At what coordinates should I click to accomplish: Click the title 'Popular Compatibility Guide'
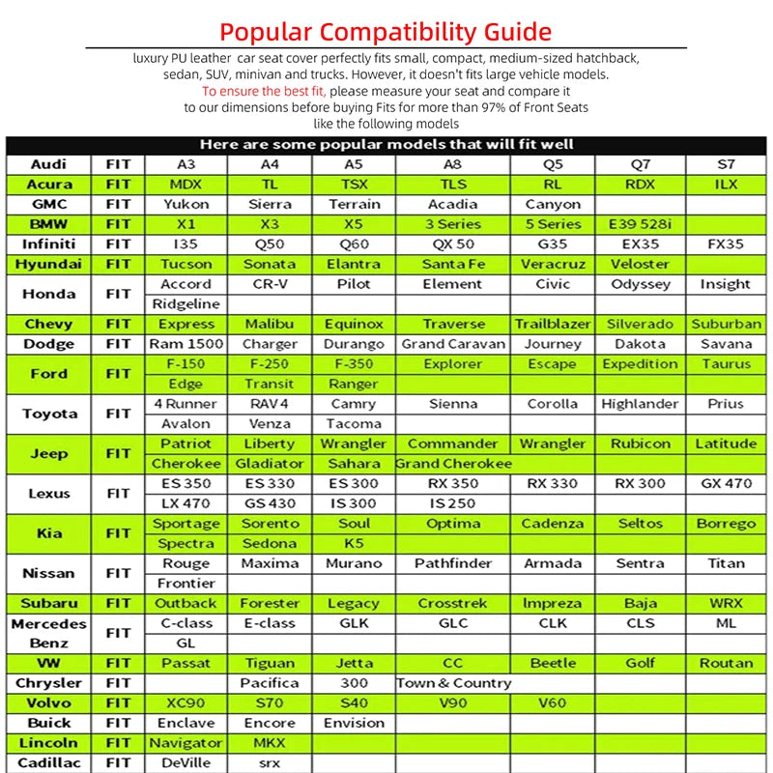pos(386,31)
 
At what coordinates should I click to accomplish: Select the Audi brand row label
pos(48,164)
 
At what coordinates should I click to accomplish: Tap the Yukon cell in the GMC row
pos(186,204)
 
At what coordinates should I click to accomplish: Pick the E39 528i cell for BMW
pos(640,224)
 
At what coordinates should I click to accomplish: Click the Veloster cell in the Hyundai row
pos(640,264)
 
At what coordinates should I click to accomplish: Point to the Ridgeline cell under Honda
pos(186,303)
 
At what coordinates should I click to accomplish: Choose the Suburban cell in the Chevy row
pos(726,324)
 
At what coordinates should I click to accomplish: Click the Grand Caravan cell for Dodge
pos(453,344)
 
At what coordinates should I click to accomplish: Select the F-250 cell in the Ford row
pos(270,364)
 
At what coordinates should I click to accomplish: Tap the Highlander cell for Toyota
pos(640,404)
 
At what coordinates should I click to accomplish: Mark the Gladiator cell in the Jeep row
pos(270,463)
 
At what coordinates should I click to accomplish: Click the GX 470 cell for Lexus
pos(726,483)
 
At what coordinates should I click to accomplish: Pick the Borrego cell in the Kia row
pos(726,524)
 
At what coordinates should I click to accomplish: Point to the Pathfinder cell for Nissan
pos(453,563)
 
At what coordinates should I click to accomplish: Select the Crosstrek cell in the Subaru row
pos(453,603)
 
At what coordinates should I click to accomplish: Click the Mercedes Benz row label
pos(48,633)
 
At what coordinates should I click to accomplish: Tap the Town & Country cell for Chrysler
pos(453,683)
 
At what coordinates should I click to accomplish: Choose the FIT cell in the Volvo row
pos(118,703)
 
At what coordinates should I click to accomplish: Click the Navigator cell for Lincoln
pos(186,743)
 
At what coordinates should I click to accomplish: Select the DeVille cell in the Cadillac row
pos(186,763)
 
